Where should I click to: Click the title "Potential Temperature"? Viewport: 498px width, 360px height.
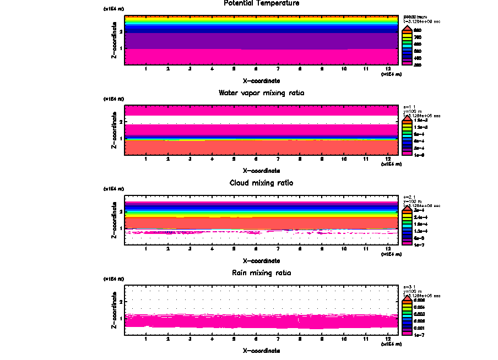[x=261, y=3]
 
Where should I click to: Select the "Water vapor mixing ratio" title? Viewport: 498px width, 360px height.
[x=261, y=93]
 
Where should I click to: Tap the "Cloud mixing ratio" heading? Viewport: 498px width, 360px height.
[x=261, y=183]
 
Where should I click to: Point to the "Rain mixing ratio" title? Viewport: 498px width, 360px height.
[x=261, y=272]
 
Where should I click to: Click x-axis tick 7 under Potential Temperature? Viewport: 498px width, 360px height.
[x=278, y=69]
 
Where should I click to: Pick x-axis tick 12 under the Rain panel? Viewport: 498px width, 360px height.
[x=388, y=339]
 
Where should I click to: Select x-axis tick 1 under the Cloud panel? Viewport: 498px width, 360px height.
[x=146, y=249]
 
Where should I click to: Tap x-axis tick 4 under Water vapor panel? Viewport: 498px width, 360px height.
[x=212, y=159]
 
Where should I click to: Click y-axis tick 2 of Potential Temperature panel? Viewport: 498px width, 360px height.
[x=120, y=31]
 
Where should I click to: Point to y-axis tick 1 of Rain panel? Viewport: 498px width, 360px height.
[x=120, y=318]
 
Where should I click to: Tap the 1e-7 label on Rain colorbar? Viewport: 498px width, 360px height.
[x=418, y=334]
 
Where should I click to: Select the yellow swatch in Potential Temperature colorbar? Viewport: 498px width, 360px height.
[x=407, y=35]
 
